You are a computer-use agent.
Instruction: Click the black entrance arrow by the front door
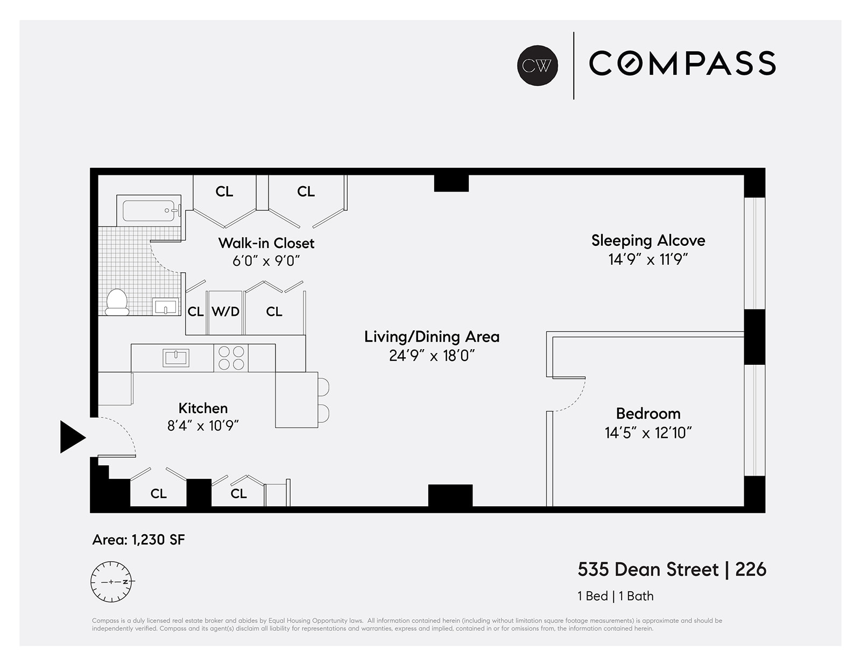coord(71,437)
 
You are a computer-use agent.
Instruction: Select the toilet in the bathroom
coord(117,303)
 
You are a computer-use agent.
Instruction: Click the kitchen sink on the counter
coord(176,358)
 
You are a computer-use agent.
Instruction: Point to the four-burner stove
coord(231,358)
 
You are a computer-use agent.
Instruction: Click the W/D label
coord(225,312)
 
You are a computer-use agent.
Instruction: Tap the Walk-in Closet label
coord(266,243)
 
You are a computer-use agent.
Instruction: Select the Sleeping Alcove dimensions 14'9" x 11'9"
coord(648,259)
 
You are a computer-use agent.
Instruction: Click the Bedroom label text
coord(648,413)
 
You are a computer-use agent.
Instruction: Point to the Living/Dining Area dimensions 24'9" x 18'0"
coord(432,356)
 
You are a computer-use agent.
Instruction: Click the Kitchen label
coord(203,408)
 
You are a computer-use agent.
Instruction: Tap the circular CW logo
coord(537,65)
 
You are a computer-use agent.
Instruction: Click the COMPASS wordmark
coord(682,63)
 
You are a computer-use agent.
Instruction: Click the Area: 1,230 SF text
coord(138,540)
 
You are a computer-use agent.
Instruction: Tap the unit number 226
coord(750,569)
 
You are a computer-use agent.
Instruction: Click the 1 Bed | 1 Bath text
coord(615,596)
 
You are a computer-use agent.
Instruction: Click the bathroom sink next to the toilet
coord(165,307)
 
